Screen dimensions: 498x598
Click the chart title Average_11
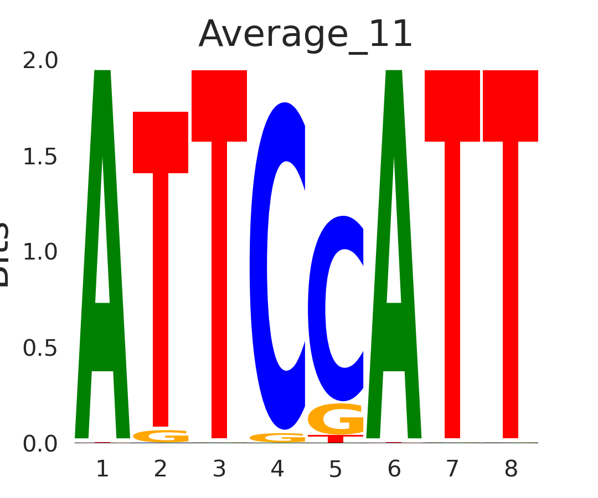point(306,34)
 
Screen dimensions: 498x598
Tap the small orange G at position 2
point(161,436)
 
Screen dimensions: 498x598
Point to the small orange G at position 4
point(277,438)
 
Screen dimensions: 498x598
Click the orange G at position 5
point(336,419)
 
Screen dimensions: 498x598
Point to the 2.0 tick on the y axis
point(40,61)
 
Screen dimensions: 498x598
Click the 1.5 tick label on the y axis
point(40,157)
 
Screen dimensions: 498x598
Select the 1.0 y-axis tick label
point(40,252)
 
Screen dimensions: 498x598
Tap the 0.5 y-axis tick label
point(40,348)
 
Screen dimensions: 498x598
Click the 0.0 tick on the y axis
point(40,444)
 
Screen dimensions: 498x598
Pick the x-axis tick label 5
point(336,469)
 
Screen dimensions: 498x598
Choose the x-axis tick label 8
point(511,469)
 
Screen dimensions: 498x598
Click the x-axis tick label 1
point(102,469)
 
